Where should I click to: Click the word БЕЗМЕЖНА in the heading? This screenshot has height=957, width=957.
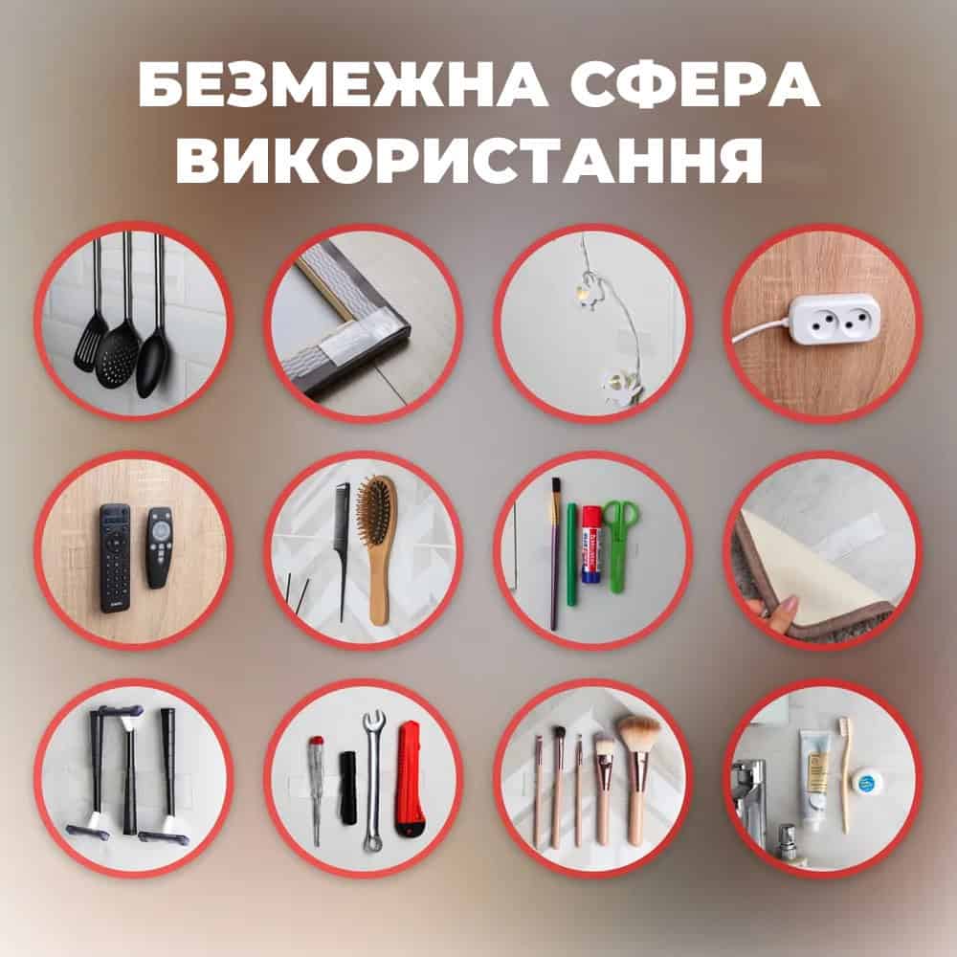[344, 84]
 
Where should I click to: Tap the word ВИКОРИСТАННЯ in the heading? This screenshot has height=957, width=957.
[469, 158]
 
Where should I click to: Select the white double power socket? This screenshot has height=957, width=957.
[834, 320]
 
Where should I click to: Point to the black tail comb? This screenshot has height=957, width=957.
[343, 552]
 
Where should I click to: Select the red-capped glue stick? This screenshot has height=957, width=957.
[591, 544]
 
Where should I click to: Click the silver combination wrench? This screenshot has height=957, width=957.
[373, 781]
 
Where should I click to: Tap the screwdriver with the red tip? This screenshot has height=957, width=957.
[316, 790]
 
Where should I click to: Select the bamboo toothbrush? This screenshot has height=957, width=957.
[845, 775]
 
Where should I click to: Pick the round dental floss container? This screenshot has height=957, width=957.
[867, 783]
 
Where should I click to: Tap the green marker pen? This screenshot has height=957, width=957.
[571, 553]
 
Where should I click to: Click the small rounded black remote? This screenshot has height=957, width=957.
[158, 547]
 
